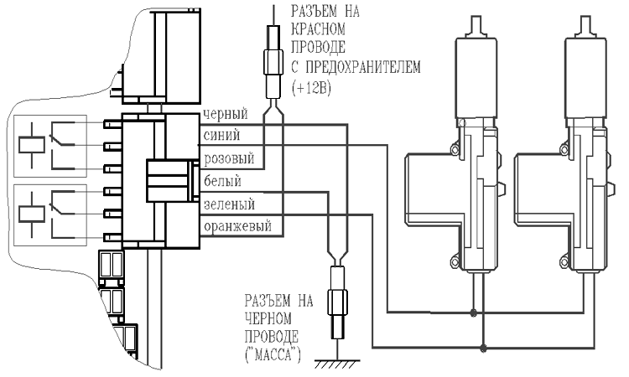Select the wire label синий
point(221,136)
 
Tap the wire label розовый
point(227,158)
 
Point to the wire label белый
point(221,180)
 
